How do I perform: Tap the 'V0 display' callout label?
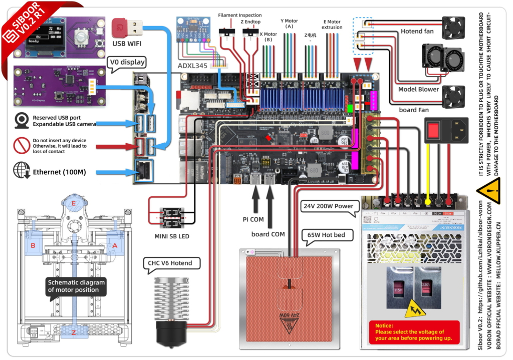pos(127,63)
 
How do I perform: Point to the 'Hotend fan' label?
pos(417,31)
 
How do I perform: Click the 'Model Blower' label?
pos(418,89)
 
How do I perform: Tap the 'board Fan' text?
pos(416,110)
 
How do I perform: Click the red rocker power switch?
pos(434,129)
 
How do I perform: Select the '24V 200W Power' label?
pos(328,206)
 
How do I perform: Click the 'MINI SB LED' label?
pos(172,236)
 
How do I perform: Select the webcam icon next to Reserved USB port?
pos(22,120)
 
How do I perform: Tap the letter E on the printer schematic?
pos(74,203)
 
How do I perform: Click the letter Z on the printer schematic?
pos(74,332)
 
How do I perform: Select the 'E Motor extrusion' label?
pos(332,25)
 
